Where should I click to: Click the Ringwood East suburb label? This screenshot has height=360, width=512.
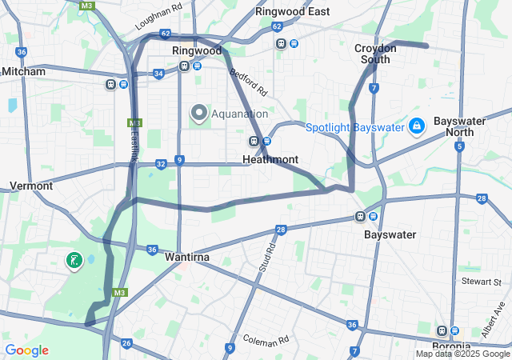[292, 11]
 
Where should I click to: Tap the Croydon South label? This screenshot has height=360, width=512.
[374, 54]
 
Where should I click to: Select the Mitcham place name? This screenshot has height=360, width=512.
[24, 71]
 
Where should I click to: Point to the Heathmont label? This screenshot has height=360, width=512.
[270, 159]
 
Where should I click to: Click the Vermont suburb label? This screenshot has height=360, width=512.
[30, 186]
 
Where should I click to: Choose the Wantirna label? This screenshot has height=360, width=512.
[186, 258]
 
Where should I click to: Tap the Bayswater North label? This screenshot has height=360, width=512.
[459, 126]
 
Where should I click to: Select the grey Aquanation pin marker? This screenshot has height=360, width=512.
[198, 114]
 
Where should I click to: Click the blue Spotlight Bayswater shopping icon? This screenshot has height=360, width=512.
[416, 126]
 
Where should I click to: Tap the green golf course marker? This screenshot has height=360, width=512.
[74, 261]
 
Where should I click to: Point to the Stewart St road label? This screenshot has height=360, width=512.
[481, 282]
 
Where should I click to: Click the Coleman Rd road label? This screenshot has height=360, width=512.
[263, 340]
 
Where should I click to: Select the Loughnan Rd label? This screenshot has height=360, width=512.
[159, 20]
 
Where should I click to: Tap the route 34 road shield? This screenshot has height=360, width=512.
[158, 74]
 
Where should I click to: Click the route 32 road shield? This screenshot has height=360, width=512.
[161, 164]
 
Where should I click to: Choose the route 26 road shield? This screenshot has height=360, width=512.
[126, 343]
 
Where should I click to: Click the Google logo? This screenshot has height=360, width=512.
[26, 350]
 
